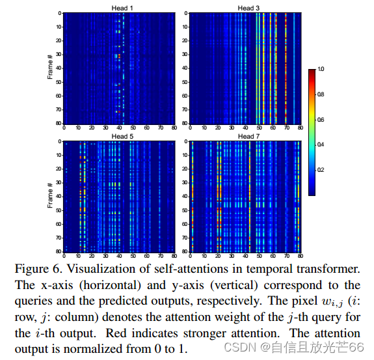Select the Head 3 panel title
pyautogui.click(x=246, y=8)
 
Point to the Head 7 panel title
pyautogui.click(x=246, y=137)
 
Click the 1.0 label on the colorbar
pyautogui.click(x=321, y=68)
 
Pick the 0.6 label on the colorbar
pyautogui.click(x=321, y=119)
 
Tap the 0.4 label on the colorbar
pyautogui.click(x=321, y=145)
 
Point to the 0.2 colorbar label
pyautogui.click(x=321, y=170)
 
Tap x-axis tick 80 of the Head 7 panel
pyautogui.click(x=299, y=256)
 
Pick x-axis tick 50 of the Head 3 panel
pyautogui.click(x=258, y=128)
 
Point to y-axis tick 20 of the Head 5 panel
pyautogui.click(x=59, y=169)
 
